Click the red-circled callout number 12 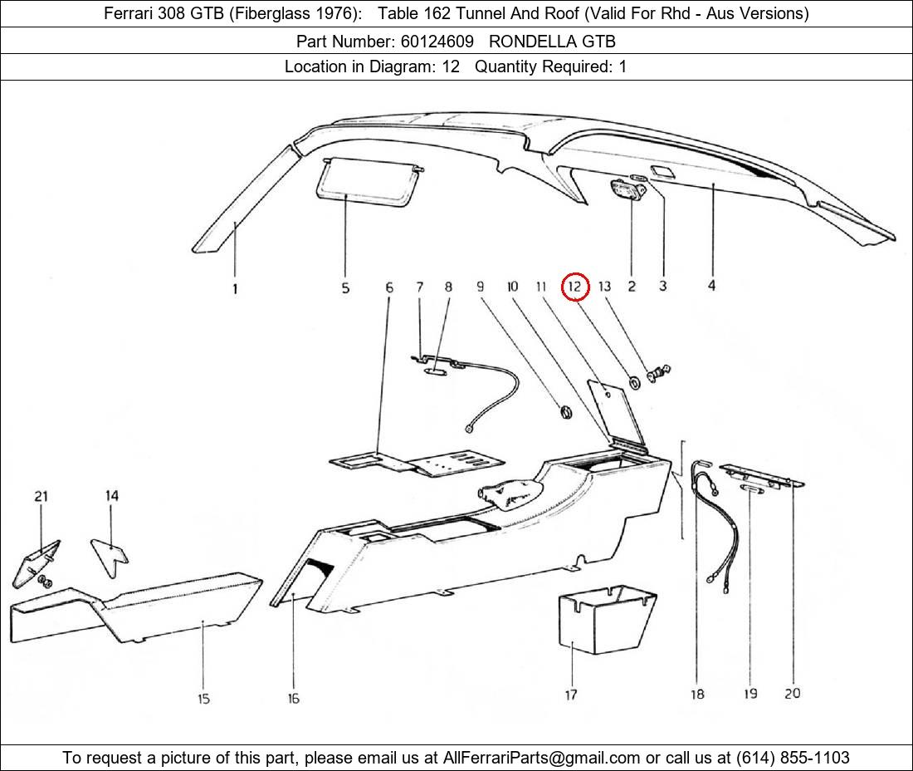click(x=575, y=287)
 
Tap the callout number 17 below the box click(x=571, y=695)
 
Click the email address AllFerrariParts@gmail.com click(x=541, y=758)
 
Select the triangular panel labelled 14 click(x=110, y=552)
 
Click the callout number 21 click(x=41, y=496)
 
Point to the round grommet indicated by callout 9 click(x=565, y=410)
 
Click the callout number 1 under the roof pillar click(x=235, y=289)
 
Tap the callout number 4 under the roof click(x=711, y=286)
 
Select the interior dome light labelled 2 click(x=628, y=190)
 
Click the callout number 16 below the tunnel click(x=293, y=699)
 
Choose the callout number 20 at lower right click(x=792, y=693)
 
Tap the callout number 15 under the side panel click(x=203, y=699)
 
